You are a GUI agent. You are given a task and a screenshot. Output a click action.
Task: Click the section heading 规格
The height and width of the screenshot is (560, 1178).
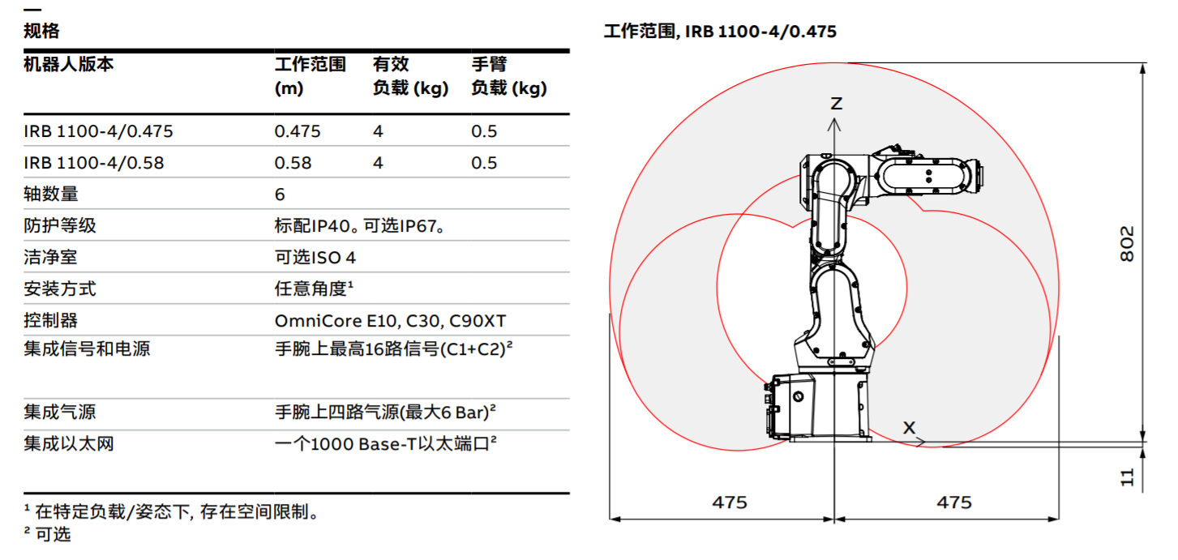(x=41, y=31)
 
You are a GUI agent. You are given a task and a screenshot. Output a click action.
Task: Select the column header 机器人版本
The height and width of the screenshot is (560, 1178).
(x=68, y=64)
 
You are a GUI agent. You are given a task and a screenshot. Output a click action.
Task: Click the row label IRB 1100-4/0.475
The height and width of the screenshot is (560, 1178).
(x=98, y=131)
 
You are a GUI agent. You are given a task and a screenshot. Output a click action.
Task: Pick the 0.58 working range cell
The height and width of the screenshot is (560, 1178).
(x=293, y=162)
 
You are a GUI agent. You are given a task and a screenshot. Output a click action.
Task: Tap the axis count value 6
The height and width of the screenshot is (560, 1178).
(x=280, y=195)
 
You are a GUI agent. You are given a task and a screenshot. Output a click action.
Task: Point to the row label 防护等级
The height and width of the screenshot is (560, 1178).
(x=60, y=225)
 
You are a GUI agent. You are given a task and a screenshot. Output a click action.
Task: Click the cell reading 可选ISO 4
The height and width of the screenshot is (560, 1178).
(x=315, y=257)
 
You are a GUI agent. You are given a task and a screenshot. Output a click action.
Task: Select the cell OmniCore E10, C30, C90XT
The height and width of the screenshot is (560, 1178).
(x=391, y=320)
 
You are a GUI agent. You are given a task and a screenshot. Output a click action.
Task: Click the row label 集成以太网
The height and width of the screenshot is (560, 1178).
(x=69, y=444)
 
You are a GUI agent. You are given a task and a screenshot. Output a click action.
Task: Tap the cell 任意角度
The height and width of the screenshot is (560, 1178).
(x=311, y=289)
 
